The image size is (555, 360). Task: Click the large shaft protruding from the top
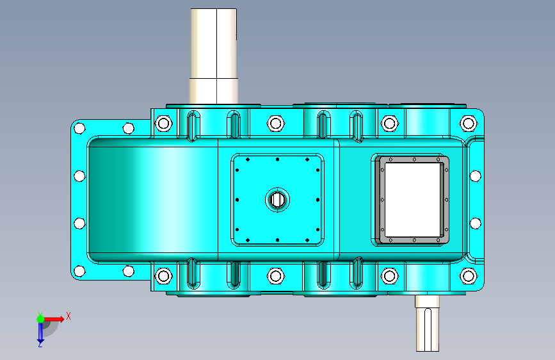pos(214,56)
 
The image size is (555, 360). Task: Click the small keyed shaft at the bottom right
pos(427,323)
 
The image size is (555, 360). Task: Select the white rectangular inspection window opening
pos(412,199)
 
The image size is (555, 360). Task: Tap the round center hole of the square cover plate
pos(278,200)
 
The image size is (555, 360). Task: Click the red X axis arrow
pos(54,319)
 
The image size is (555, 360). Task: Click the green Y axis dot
pos(40,319)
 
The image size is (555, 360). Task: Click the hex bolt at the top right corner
pos(469,124)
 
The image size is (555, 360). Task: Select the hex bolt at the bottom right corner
pos(469,275)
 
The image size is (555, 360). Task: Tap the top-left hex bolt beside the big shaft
pos(163,124)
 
